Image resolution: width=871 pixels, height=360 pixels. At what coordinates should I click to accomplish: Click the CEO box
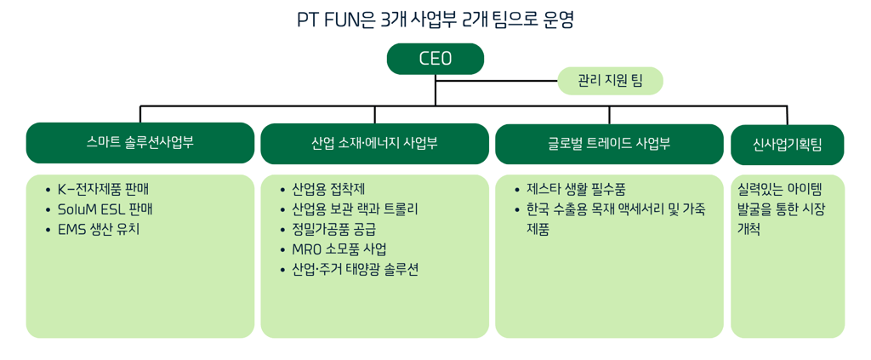click(x=435, y=59)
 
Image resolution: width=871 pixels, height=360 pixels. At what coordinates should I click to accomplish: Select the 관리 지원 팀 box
click(x=610, y=81)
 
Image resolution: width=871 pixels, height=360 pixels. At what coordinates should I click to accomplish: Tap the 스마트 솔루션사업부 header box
click(x=140, y=142)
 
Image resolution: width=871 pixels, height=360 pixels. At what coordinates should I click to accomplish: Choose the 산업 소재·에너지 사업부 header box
click(x=374, y=143)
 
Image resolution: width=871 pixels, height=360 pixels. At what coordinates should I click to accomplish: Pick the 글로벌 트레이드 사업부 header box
click(x=609, y=143)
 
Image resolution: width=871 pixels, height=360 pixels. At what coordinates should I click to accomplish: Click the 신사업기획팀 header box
click(x=787, y=144)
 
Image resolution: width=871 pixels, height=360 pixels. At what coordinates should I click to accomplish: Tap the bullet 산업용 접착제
click(x=327, y=189)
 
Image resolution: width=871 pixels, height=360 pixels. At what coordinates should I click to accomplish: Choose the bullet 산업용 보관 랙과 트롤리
click(x=354, y=209)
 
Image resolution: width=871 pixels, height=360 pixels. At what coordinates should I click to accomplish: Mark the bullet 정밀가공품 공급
click(x=333, y=229)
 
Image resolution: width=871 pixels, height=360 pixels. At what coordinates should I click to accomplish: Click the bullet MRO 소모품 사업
click(x=339, y=249)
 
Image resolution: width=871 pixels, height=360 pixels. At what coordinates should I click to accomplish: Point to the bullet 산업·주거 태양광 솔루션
click(x=355, y=270)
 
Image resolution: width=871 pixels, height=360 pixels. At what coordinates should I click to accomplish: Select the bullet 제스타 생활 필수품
click(x=576, y=189)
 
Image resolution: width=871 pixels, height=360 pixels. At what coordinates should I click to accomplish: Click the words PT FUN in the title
click(x=329, y=19)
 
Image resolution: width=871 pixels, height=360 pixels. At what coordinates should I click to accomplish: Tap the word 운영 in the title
click(x=557, y=19)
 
